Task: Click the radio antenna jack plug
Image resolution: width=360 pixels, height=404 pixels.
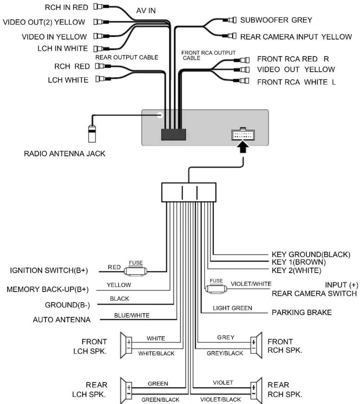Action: coord(92,134)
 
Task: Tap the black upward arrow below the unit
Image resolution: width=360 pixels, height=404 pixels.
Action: coord(243,146)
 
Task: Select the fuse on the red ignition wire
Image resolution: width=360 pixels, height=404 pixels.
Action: coord(135,271)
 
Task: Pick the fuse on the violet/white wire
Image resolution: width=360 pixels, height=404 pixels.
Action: coord(216,288)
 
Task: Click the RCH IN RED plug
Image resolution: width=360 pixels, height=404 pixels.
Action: coord(101,7)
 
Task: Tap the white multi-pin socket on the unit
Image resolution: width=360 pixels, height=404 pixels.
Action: coord(243,134)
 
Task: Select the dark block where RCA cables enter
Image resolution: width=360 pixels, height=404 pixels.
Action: coord(173,134)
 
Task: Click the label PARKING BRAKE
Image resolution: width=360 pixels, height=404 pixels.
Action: coord(302,313)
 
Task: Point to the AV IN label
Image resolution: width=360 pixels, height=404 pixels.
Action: coord(146,11)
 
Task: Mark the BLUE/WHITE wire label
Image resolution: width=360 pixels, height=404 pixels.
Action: coord(132,315)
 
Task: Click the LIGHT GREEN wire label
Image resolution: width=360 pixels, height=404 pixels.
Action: coord(232,308)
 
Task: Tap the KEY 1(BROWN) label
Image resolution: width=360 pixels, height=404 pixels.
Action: coord(299,262)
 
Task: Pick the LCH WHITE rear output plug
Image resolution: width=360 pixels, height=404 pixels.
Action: coord(103,79)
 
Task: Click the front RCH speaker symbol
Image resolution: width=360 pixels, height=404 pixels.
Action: coord(256,345)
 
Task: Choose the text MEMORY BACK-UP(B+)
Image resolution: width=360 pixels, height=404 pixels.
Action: coord(48,289)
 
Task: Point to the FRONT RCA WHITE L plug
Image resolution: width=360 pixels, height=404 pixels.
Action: coord(242,81)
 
